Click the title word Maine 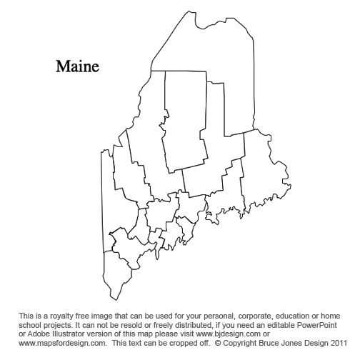77,66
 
